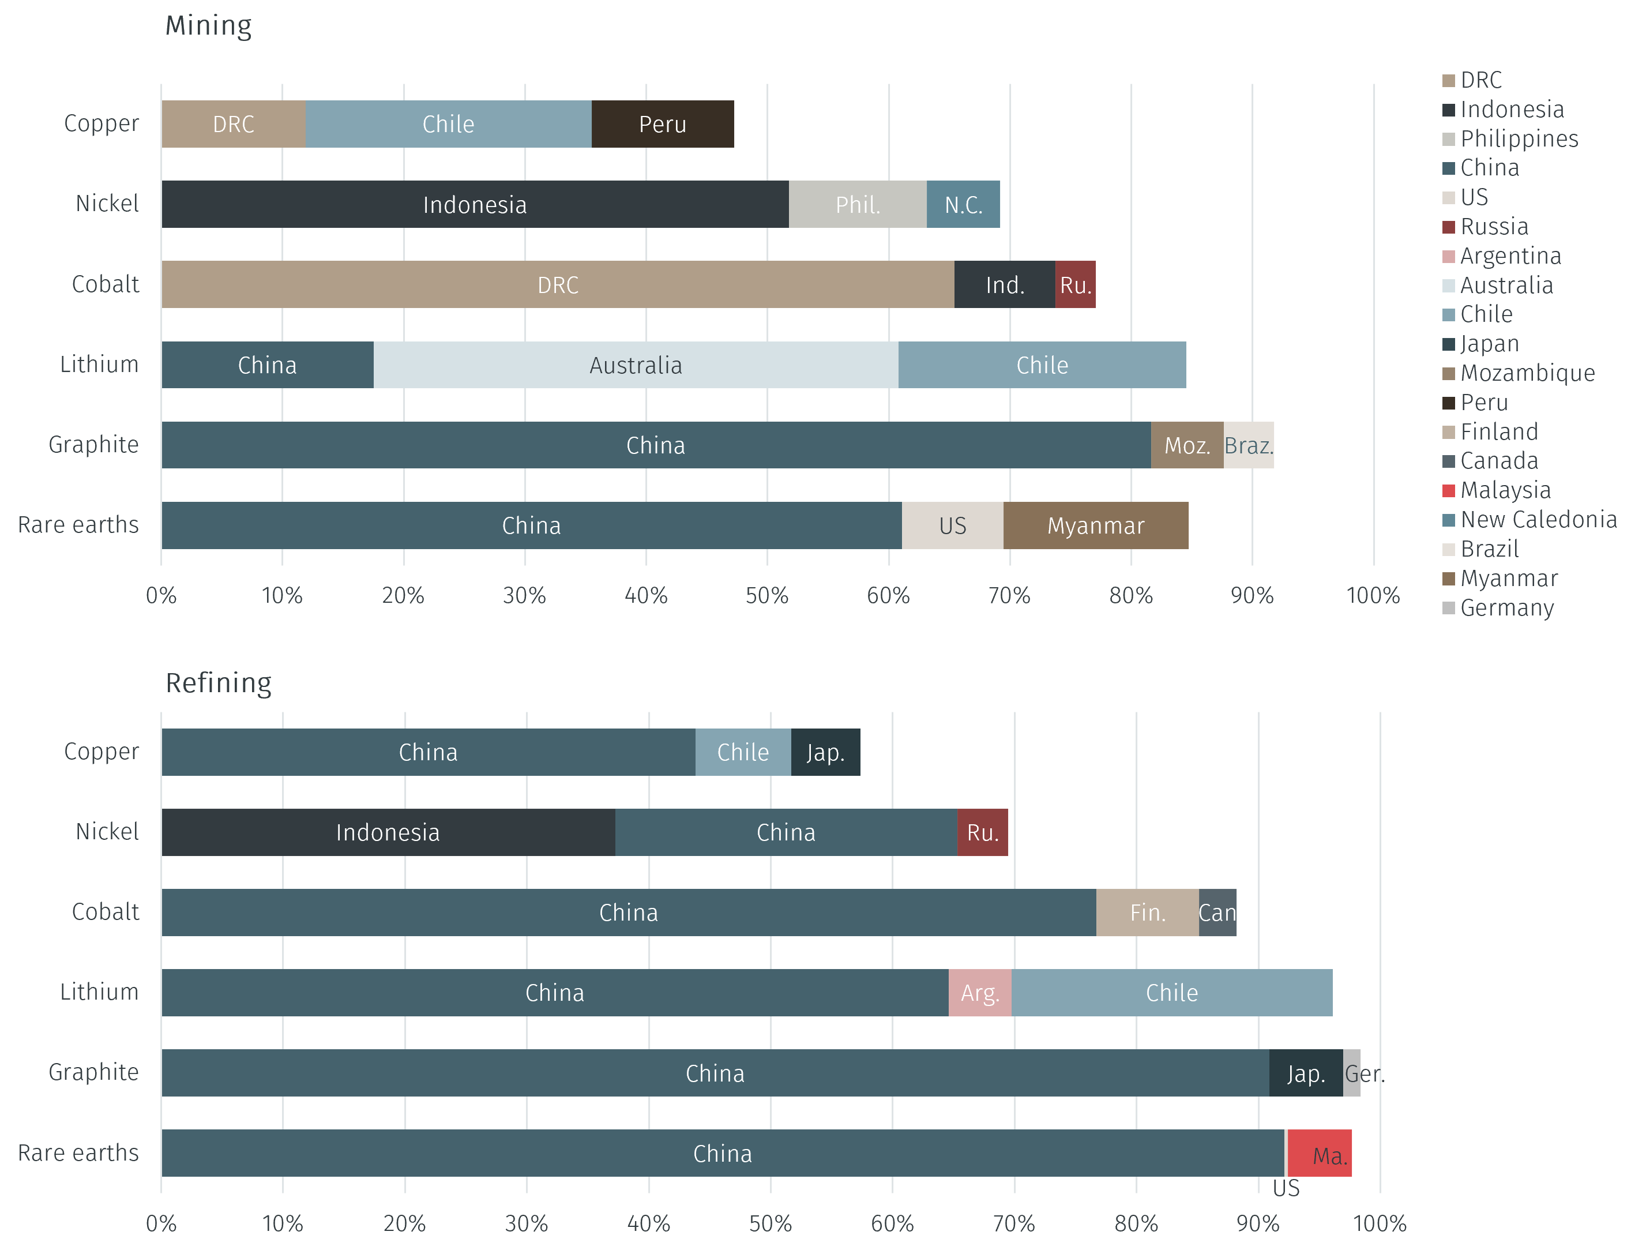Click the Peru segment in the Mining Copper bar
click(x=663, y=124)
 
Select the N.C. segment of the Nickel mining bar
click(x=963, y=205)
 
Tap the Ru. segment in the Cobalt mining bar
click(x=1075, y=284)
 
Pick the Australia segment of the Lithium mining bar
click(x=636, y=365)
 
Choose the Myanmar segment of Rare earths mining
click(x=1095, y=525)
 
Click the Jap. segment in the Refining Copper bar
click(x=825, y=752)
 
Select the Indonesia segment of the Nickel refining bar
click(x=388, y=832)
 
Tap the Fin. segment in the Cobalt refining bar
click(x=1147, y=912)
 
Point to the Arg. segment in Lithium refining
click(x=980, y=993)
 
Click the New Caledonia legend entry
click(x=1538, y=520)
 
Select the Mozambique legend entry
click(x=1527, y=373)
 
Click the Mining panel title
click(x=209, y=25)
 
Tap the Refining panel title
click(x=219, y=683)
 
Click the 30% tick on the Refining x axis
click(x=526, y=1223)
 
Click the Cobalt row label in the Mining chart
click(x=105, y=284)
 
